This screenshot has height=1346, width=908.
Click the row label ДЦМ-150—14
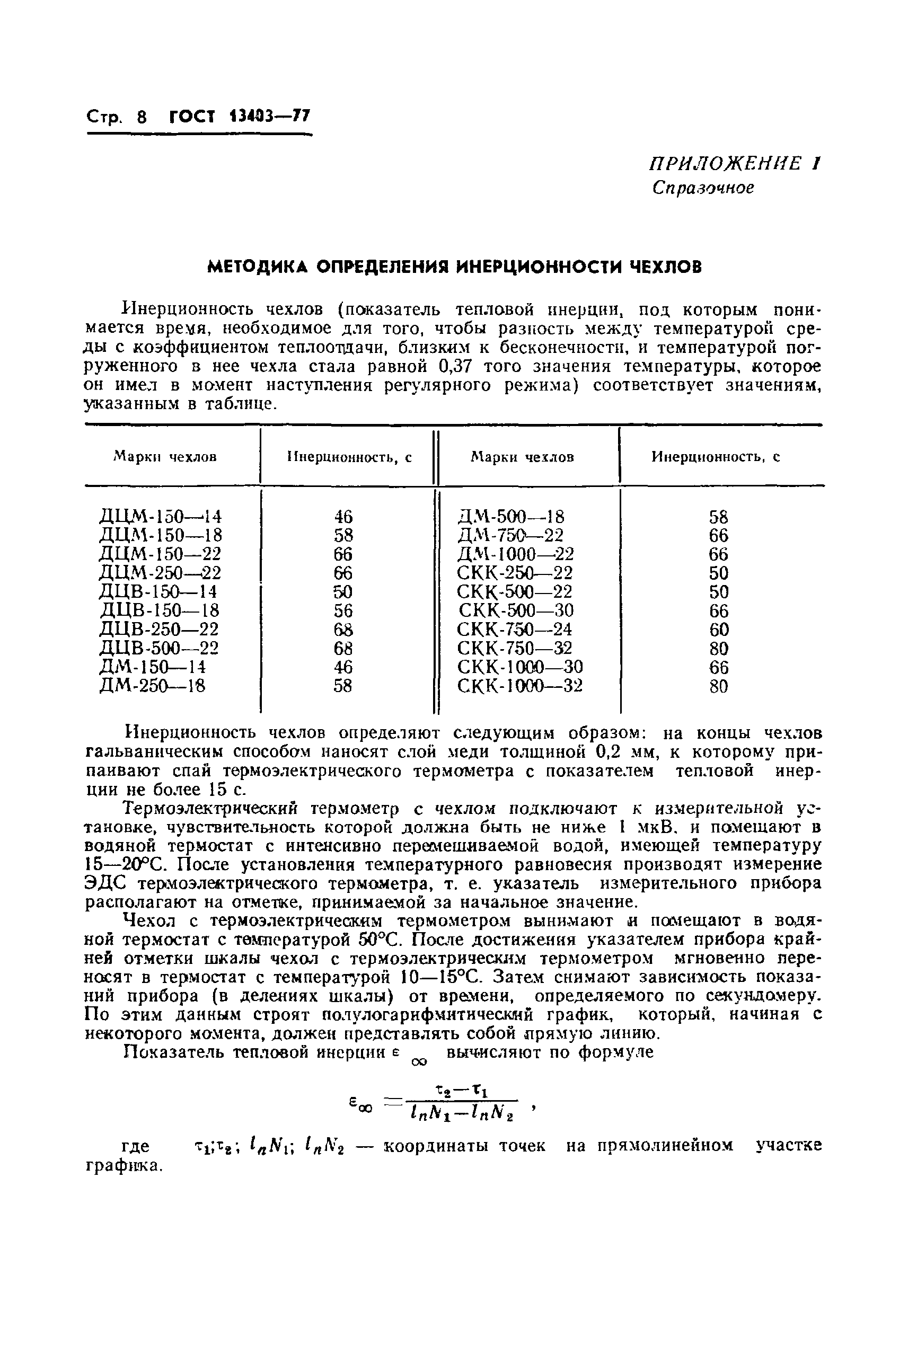click(x=161, y=516)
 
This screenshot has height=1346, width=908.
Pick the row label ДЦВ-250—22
click(x=159, y=628)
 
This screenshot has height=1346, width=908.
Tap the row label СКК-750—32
click(x=514, y=648)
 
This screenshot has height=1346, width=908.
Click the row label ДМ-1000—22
click(x=515, y=554)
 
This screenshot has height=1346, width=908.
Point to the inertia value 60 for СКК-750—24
click(x=719, y=630)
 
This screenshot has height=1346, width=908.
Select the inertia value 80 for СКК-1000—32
click(x=719, y=686)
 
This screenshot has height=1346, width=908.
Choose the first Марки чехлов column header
click(x=165, y=457)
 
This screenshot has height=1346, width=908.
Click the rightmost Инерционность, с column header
click(x=716, y=457)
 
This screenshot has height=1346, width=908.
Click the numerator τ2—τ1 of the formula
click(x=462, y=1091)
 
